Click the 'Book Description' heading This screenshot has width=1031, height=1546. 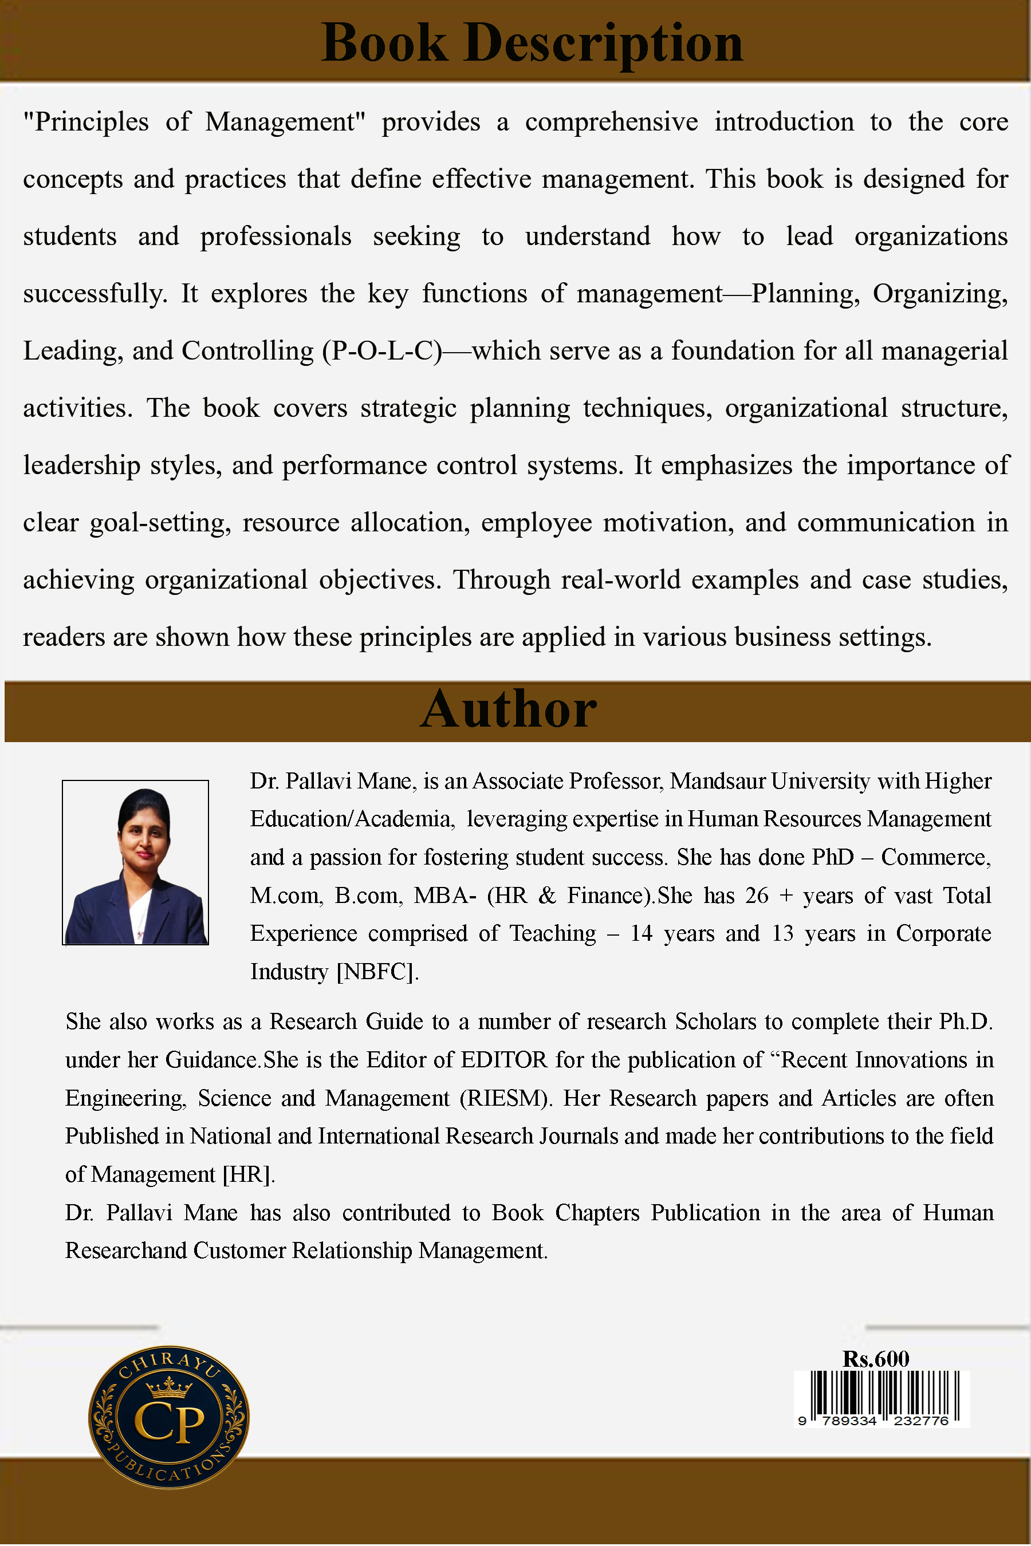tap(532, 44)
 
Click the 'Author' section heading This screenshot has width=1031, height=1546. tap(508, 710)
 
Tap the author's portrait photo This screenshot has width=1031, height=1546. tap(135, 862)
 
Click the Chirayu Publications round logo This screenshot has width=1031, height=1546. tap(169, 1418)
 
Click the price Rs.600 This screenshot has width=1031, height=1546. tap(876, 1359)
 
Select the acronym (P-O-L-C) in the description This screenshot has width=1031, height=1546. tap(382, 351)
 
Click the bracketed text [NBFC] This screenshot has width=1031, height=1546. tap(377, 972)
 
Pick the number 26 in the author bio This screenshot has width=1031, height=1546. tap(757, 896)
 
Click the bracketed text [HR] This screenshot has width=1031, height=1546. tap(249, 1174)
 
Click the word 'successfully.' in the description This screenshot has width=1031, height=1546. tap(95, 294)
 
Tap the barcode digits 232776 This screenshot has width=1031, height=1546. tap(920, 1421)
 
